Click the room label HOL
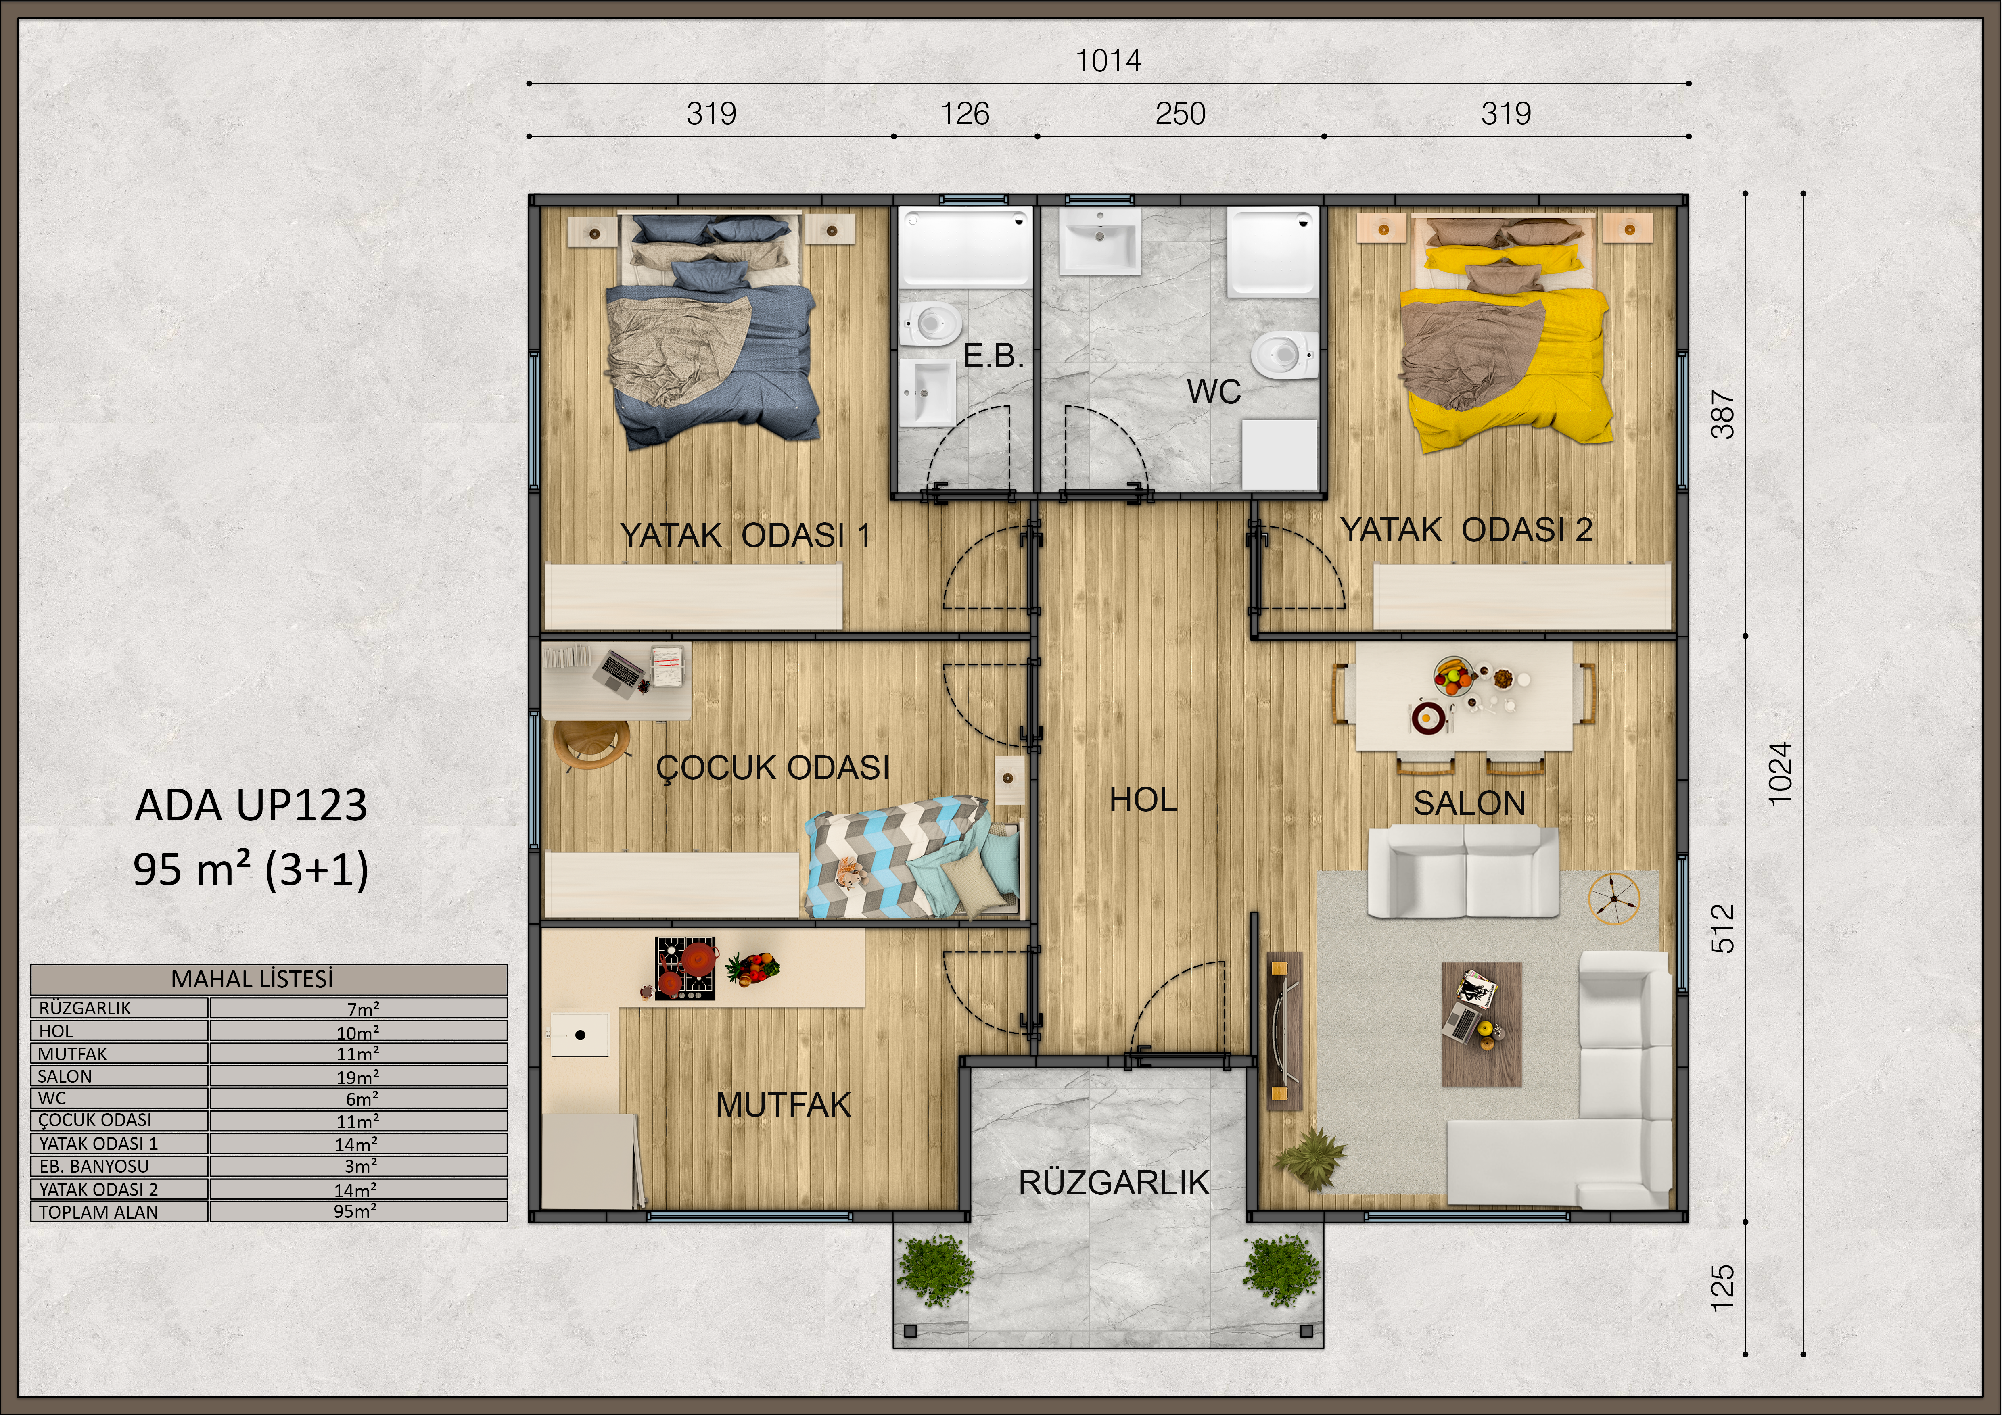pos(1143,799)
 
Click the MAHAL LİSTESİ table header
pos(252,979)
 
